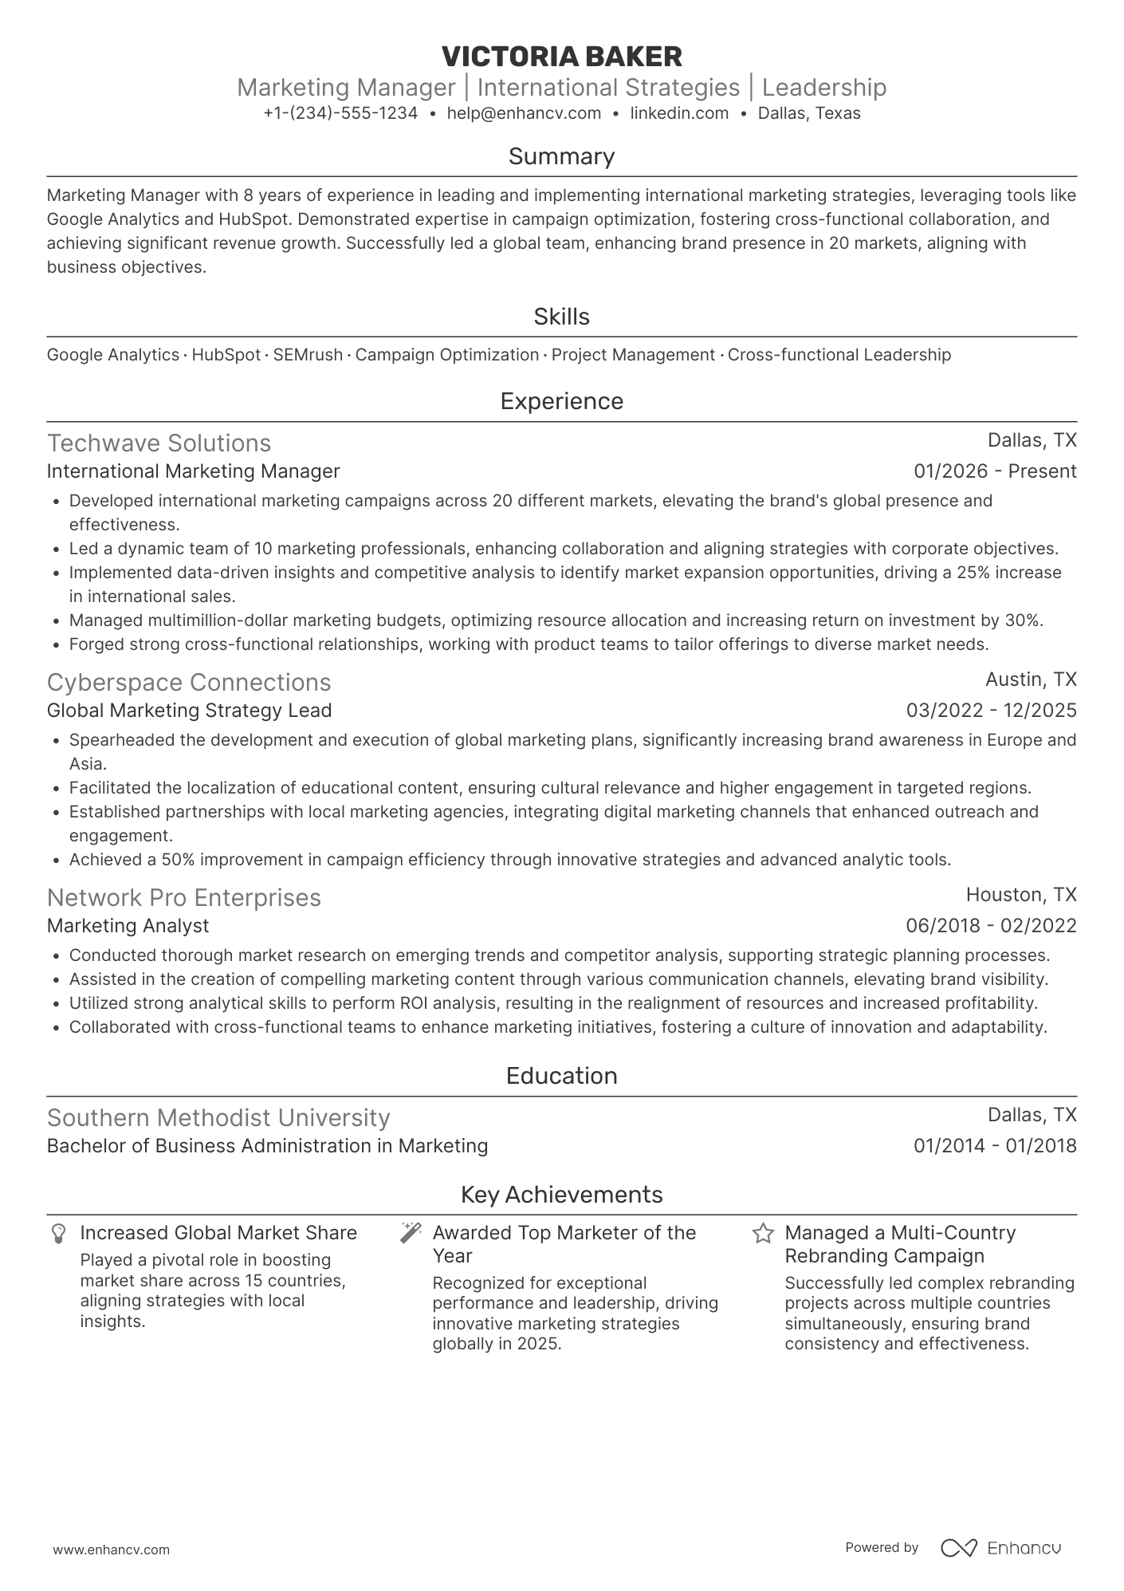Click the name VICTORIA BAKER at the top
(561, 57)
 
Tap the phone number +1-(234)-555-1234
(340, 113)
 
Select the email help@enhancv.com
(524, 113)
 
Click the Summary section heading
(561, 156)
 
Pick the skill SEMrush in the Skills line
(308, 355)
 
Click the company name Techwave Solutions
(159, 443)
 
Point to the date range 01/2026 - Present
(995, 471)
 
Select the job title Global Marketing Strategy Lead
(189, 711)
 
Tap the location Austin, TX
(1031, 679)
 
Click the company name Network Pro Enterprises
(183, 898)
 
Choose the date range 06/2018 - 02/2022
(991, 926)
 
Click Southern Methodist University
(218, 1118)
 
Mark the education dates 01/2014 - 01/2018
(995, 1146)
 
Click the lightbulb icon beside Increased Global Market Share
(58, 1234)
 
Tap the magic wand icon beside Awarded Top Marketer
(411, 1233)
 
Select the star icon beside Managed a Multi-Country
(763, 1234)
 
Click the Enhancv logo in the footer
(1000, 1548)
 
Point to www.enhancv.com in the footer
(111, 1550)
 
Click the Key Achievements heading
(561, 1195)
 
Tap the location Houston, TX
(1021, 895)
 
